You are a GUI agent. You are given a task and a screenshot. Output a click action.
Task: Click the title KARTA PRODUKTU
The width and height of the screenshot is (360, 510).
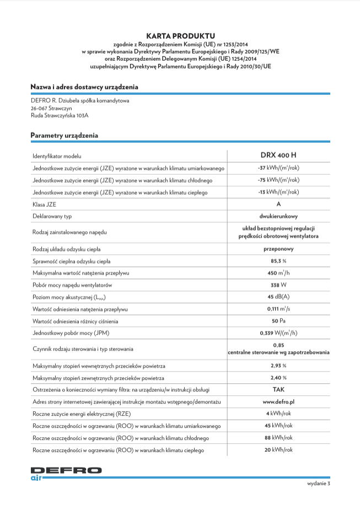click(x=180, y=35)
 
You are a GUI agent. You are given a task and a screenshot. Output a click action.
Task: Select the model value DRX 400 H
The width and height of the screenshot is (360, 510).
click(x=278, y=155)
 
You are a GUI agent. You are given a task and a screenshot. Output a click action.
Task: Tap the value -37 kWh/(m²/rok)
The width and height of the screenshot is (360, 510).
click(x=278, y=168)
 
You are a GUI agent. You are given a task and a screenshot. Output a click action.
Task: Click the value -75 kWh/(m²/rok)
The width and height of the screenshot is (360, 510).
click(x=278, y=180)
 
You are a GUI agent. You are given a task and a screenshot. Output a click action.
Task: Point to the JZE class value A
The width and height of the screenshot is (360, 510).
click(x=278, y=204)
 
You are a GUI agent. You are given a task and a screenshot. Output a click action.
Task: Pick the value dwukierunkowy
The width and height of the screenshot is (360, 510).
click(x=278, y=216)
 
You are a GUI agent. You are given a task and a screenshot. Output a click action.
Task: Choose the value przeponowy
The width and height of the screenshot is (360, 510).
click(x=278, y=249)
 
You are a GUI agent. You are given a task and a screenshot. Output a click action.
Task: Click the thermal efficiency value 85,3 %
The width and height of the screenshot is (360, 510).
click(x=278, y=261)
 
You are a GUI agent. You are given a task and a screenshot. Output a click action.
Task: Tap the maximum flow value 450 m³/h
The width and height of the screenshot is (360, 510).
click(x=278, y=273)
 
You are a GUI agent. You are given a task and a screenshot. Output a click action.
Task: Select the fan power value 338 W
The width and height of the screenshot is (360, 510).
click(x=278, y=285)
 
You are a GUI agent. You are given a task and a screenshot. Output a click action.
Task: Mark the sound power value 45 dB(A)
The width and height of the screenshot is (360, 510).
click(x=278, y=297)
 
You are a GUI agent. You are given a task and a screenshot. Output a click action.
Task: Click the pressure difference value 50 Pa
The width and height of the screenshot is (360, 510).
click(x=278, y=321)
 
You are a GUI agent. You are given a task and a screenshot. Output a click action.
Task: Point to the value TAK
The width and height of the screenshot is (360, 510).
click(x=278, y=390)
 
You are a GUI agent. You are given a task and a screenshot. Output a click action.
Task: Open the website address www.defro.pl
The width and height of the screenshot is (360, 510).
click(x=278, y=402)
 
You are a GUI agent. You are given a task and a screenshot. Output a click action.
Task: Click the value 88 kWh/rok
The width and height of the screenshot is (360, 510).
click(x=278, y=438)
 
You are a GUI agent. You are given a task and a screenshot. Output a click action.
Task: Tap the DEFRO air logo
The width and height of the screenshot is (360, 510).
click(x=66, y=473)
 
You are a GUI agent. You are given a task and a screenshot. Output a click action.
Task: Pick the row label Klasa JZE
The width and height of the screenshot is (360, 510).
click(x=44, y=205)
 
